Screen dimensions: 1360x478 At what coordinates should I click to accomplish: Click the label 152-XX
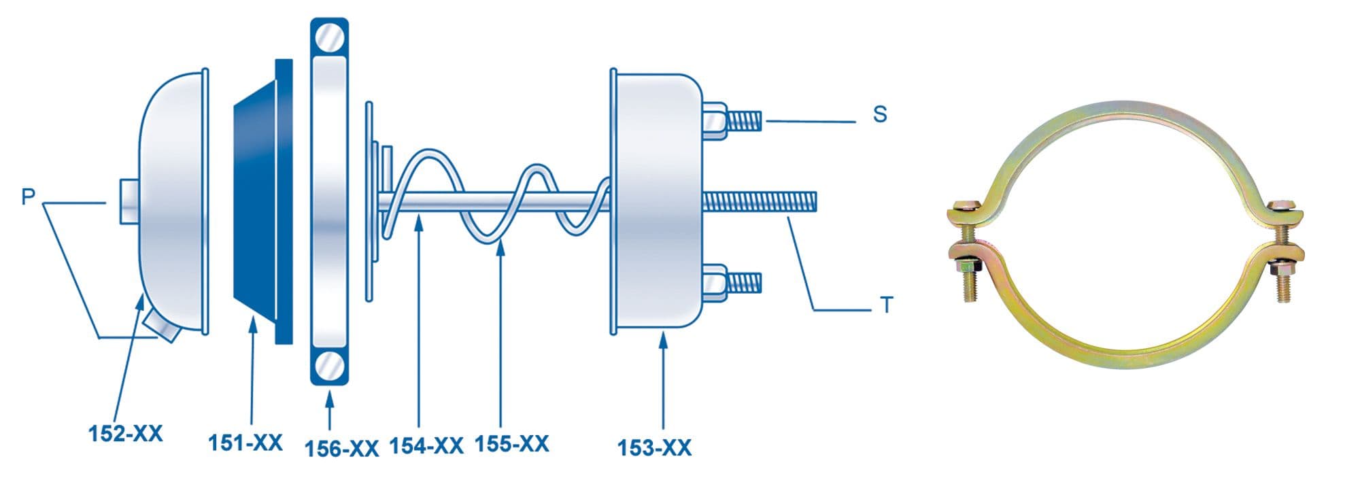(126, 434)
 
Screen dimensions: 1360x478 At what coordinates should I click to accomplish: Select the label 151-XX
(245, 443)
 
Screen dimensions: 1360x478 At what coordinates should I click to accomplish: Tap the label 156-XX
(341, 449)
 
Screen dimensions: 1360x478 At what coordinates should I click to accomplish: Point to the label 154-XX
(426, 446)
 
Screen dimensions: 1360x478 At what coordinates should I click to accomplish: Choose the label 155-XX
(512, 443)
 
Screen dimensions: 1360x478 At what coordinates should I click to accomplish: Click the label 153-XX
(655, 447)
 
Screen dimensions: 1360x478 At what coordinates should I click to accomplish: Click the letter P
(28, 197)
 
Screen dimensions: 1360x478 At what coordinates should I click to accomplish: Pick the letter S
(880, 114)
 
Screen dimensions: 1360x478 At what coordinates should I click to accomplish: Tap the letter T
(886, 305)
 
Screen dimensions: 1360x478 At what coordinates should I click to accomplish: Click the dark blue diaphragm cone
(263, 201)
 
